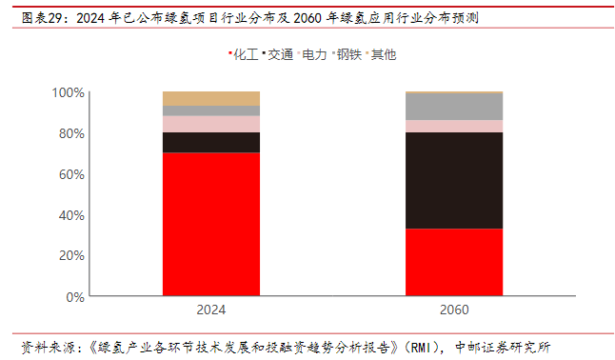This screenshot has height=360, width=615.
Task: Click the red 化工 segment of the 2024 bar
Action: pyautogui.click(x=211, y=224)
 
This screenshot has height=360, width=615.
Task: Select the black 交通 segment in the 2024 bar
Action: pyautogui.click(x=211, y=143)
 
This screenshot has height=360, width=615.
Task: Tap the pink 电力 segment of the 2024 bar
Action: pyautogui.click(x=211, y=124)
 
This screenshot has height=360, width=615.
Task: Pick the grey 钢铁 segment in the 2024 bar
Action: pyautogui.click(x=211, y=110)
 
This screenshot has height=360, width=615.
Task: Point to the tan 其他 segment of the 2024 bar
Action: pyautogui.click(x=211, y=98)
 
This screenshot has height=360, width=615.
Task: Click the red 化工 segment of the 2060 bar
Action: pyautogui.click(x=454, y=262)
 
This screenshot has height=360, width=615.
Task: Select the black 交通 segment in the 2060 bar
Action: pyautogui.click(x=454, y=181)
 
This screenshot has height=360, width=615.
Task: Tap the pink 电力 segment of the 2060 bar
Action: pyautogui.click(x=454, y=126)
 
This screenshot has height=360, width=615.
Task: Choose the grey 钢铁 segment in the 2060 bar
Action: pyautogui.click(x=454, y=107)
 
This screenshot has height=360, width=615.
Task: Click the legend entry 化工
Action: pyautogui.click(x=244, y=54)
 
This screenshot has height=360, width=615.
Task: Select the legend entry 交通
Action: pyautogui.click(x=278, y=54)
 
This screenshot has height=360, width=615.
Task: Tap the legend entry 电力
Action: pyautogui.click(x=312, y=54)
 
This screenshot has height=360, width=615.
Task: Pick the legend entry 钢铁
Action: pyautogui.click(x=347, y=54)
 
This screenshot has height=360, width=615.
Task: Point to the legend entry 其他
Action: pyautogui.click(x=381, y=54)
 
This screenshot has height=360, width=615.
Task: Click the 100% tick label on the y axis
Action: pyautogui.click(x=68, y=92)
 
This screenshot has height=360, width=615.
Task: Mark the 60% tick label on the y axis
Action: pyautogui.click(x=71, y=174)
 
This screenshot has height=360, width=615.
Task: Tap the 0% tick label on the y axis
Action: pyautogui.click(x=75, y=297)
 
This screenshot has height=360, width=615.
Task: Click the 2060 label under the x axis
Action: pyautogui.click(x=454, y=310)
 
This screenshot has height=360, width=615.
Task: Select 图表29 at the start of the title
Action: pyautogui.click(x=41, y=18)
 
